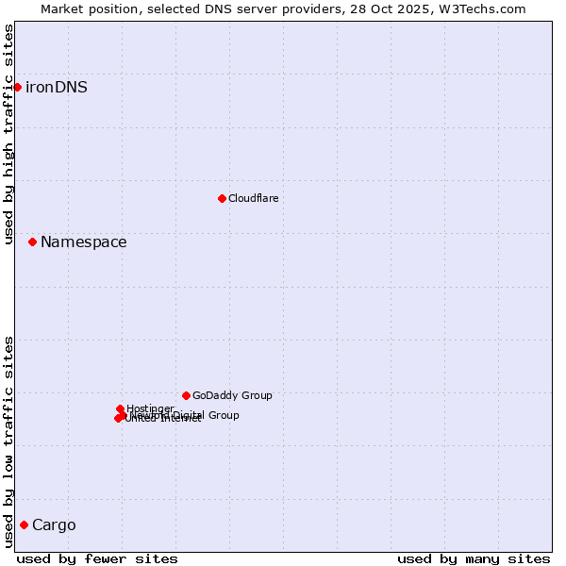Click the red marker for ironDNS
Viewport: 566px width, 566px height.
17,87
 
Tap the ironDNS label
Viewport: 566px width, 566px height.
56,88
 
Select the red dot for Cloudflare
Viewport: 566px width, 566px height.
222,198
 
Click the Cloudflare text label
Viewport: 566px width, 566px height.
253,198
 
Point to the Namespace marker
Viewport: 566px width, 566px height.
32,241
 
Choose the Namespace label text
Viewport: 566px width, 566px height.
83,242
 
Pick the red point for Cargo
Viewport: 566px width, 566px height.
24,524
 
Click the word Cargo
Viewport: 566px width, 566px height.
54,525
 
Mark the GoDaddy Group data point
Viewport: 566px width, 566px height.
186,395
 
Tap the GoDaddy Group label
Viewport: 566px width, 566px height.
232,395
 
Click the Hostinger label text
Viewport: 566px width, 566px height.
150,408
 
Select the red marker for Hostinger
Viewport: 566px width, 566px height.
120,408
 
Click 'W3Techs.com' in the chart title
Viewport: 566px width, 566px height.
486,8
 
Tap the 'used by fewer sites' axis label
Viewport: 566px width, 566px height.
97,558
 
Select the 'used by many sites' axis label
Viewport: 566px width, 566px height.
474,558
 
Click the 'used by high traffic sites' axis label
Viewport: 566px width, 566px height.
9,134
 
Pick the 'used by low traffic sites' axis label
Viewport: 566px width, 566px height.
9,441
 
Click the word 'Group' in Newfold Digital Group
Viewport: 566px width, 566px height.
223,415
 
